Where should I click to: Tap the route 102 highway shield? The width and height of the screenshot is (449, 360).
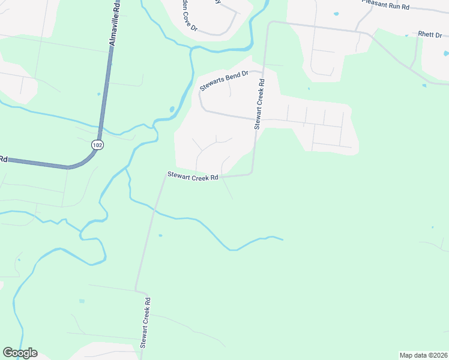[97, 145]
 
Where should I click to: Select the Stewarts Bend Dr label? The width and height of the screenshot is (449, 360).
[224, 80]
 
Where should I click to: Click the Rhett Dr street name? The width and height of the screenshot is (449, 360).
[430, 34]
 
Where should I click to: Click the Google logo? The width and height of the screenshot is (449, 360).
[20, 353]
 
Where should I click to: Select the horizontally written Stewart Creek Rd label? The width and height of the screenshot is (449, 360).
[192, 176]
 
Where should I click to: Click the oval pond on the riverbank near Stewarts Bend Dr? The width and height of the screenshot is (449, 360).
[172, 110]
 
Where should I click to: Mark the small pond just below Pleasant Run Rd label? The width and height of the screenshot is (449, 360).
[336, 13]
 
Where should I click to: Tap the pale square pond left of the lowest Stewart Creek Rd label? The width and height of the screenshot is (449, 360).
[82, 301]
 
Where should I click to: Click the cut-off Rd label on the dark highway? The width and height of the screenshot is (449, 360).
[3, 159]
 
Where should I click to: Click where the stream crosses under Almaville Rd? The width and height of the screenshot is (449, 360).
[99, 127]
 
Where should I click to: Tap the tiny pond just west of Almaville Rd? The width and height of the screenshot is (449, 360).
[99, 94]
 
